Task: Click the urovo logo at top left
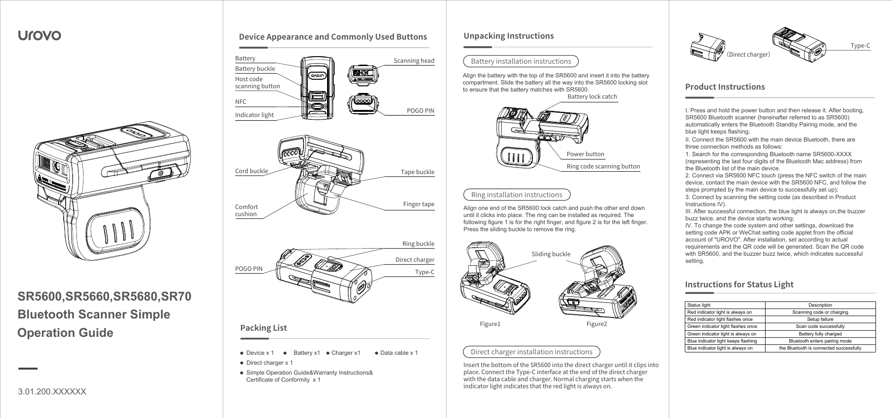pos(39,35)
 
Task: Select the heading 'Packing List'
pos(263,328)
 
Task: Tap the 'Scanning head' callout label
pos(414,61)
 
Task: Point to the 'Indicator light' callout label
pos(254,115)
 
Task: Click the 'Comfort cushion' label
pos(246,210)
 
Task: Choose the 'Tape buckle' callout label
pos(417,172)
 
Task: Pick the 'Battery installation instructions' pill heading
pos(521,61)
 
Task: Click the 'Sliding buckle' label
pos(551,254)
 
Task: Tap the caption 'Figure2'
pos(597,324)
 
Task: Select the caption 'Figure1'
pos(490,324)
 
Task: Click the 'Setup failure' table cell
pos(820,319)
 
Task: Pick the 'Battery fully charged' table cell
pos(820,334)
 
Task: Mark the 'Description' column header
pos(820,305)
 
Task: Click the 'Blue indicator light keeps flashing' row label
pos(722,341)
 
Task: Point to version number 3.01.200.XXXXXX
pos(52,392)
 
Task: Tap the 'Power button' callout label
pos(585,154)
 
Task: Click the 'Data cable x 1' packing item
pos(399,353)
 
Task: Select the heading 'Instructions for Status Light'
pos(739,284)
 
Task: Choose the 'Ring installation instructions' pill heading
pos(516,195)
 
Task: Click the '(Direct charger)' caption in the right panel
pos(748,55)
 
